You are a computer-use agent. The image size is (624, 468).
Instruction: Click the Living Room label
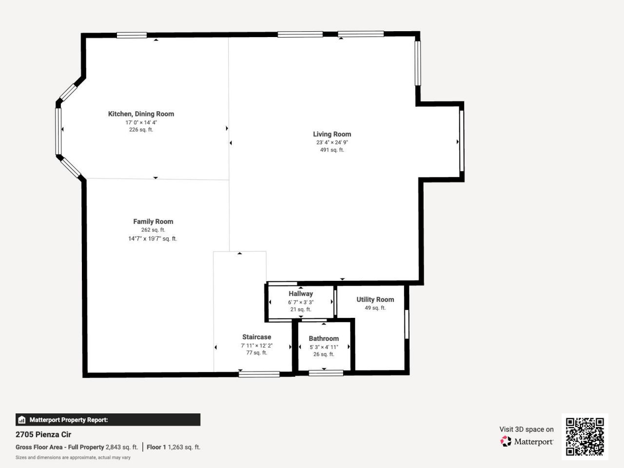[331, 134]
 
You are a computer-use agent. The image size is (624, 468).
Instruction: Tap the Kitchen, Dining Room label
[141, 114]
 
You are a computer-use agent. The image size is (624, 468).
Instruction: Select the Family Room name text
[153, 221]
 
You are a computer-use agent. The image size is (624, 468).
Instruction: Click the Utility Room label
[375, 299]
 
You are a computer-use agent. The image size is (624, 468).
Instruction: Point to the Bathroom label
[323, 338]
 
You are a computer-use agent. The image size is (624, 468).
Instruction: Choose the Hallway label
[300, 293]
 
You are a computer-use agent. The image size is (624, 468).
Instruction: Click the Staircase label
[256, 337]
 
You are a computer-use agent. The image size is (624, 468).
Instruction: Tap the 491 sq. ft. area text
[331, 150]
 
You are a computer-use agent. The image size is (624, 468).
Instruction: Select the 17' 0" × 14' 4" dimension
[141, 122]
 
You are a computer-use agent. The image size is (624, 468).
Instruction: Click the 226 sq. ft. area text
[141, 130]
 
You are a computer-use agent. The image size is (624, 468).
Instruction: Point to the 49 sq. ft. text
[375, 308]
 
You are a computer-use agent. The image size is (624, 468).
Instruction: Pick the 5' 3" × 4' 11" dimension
[323, 347]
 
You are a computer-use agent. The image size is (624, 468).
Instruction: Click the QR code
[585, 436]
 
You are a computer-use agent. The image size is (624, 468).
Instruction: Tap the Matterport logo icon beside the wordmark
[506, 442]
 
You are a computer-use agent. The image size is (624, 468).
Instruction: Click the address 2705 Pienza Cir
[43, 434]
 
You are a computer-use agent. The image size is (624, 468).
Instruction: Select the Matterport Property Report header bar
[108, 420]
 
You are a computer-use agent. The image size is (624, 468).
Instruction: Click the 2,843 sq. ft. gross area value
[121, 447]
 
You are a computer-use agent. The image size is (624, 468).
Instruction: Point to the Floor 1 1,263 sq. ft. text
[174, 447]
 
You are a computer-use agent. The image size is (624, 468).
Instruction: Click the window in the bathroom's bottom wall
[326, 373]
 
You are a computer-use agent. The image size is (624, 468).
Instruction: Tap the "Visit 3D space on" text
[526, 429]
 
